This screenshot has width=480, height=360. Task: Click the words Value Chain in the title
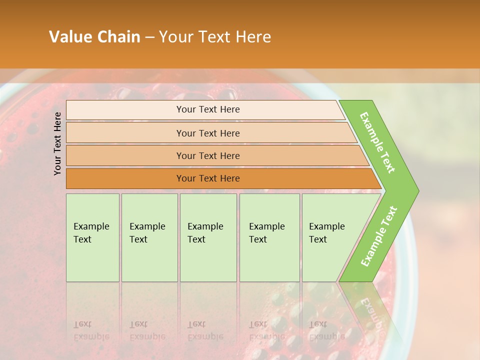tap(94, 37)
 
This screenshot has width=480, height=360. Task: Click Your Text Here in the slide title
tap(215, 37)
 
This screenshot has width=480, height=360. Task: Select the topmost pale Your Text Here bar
tap(207, 109)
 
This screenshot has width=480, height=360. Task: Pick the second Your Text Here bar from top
tap(207, 133)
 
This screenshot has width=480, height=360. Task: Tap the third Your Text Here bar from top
tap(207, 155)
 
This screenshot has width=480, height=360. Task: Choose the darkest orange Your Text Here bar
tap(207, 178)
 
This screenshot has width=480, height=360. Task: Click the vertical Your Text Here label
tap(57, 143)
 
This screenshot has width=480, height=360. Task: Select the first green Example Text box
tap(92, 237)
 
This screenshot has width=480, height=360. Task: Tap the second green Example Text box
tap(149, 237)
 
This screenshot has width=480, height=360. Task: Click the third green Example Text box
tap(207, 237)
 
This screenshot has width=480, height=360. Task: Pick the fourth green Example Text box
tap(269, 237)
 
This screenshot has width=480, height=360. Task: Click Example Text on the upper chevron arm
tap(378, 142)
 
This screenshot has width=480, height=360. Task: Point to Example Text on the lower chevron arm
tap(378, 236)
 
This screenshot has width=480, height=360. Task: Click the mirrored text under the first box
tap(91, 330)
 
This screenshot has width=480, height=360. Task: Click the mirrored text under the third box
tap(205, 330)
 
